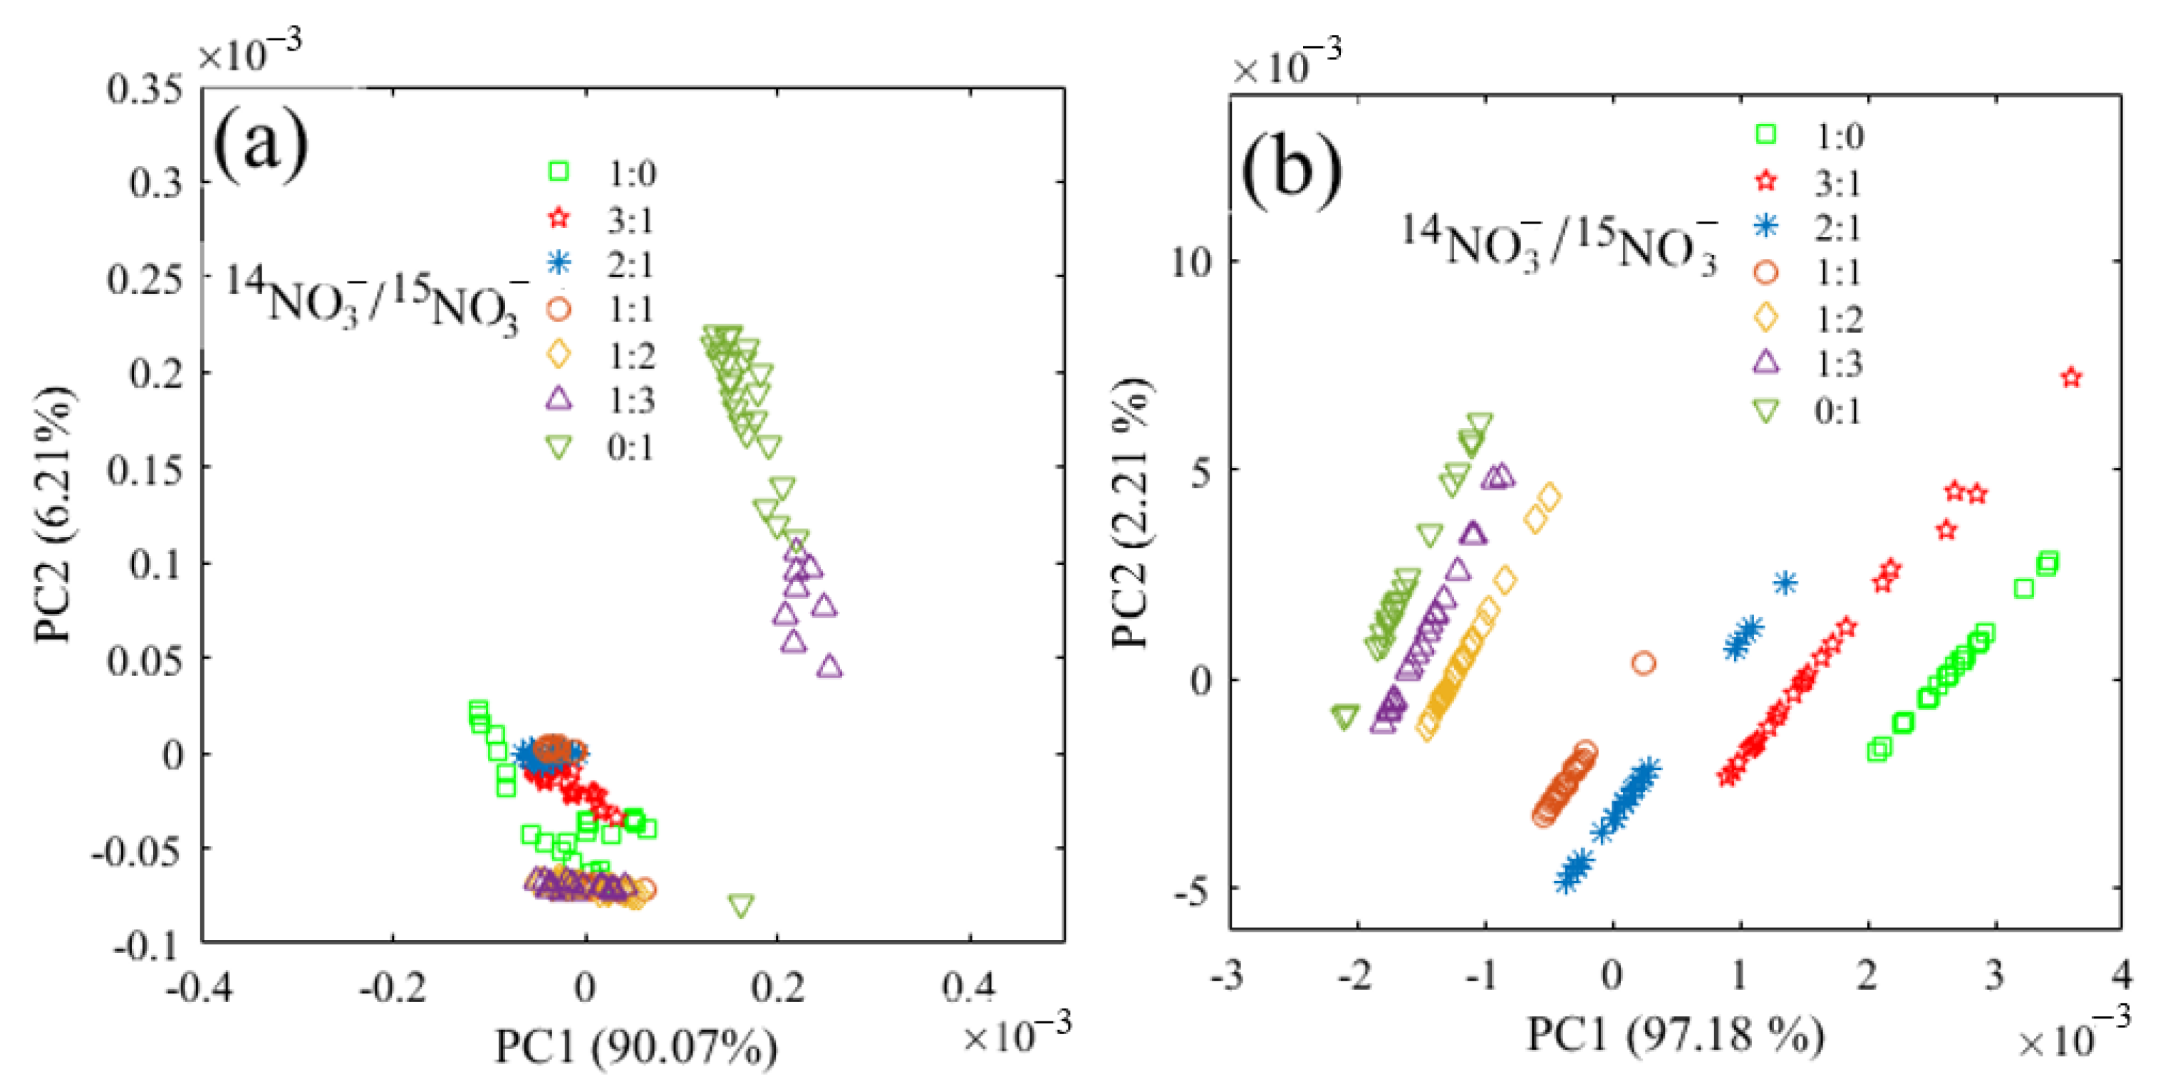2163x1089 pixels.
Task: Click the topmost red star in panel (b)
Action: [2072, 377]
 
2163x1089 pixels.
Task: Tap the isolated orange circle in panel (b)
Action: [1643, 663]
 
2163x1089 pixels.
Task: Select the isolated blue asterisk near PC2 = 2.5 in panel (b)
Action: [1785, 583]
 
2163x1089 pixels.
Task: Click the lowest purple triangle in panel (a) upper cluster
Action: [829, 667]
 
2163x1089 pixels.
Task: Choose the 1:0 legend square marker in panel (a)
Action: [559, 172]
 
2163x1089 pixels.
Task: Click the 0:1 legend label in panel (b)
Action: [1838, 410]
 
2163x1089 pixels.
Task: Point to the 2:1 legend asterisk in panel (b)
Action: [1767, 226]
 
